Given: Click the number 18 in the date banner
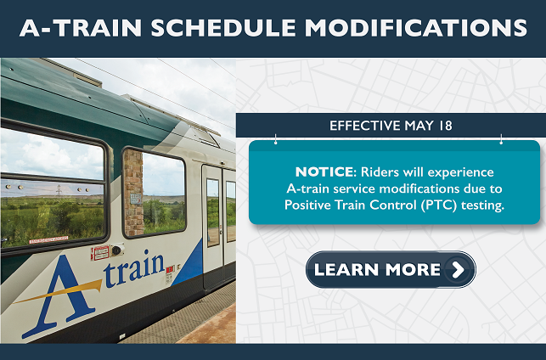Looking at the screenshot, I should [443, 126].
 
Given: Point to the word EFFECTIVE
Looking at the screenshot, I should [363, 126].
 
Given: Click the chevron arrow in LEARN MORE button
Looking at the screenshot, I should [458, 270].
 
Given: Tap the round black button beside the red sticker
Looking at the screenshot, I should [116, 250].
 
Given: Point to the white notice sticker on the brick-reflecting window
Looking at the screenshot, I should [135, 198].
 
